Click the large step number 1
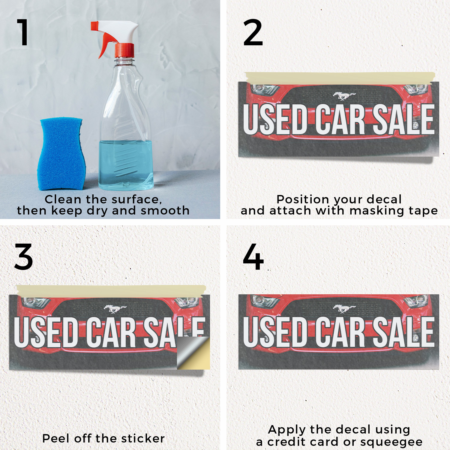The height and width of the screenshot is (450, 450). pyautogui.click(x=23, y=32)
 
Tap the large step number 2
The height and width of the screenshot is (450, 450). pyautogui.click(x=253, y=32)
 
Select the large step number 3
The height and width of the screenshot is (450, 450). pyautogui.click(x=23, y=257)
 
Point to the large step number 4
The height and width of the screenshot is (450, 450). pyautogui.click(x=253, y=257)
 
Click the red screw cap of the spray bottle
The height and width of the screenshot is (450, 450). pyautogui.click(x=124, y=50)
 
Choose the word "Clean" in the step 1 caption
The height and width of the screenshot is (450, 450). pyautogui.click(x=63, y=199)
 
